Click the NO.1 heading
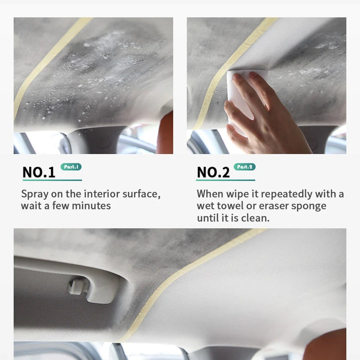(39, 172)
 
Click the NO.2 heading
(213, 172)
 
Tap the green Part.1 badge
(71, 167)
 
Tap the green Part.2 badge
(244, 167)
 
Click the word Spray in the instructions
(34, 194)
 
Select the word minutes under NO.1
(91, 205)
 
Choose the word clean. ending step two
(255, 218)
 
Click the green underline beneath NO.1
(52, 180)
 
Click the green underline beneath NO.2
(225, 180)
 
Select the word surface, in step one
(141, 194)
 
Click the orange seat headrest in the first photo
(165, 133)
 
